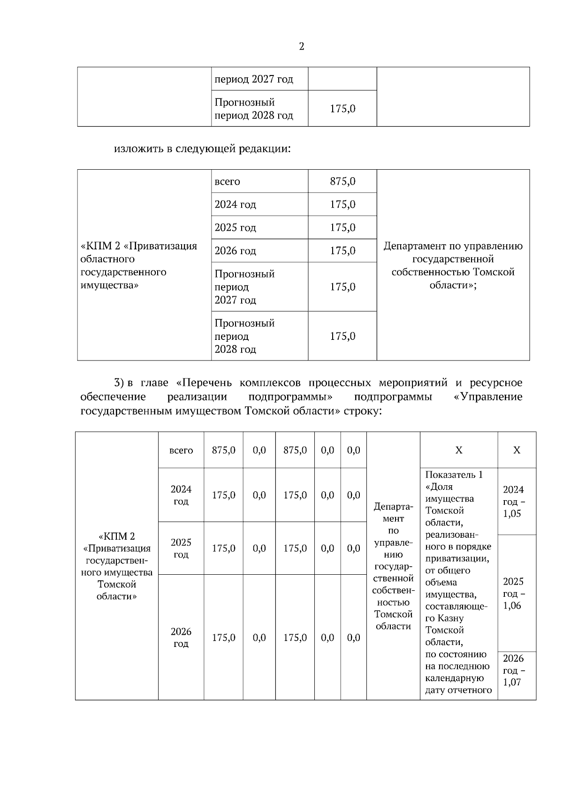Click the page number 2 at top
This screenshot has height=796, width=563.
(x=301, y=46)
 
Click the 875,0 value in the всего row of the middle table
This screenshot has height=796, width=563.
(x=342, y=181)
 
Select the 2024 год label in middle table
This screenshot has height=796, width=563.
(x=236, y=204)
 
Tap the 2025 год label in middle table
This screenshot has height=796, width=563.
(x=236, y=228)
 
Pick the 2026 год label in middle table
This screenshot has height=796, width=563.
(x=236, y=251)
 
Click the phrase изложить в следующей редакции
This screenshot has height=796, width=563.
(x=202, y=149)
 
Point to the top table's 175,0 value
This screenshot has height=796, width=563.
(x=342, y=109)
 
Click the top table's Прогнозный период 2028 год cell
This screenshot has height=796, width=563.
(x=253, y=109)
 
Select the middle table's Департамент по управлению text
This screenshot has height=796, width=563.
(x=453, y=246)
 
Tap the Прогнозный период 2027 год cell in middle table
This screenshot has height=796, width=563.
(x=244, y=287)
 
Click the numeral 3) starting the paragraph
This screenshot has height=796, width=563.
(x=119, y=383)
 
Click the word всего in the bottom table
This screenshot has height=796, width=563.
(x=181, y=451)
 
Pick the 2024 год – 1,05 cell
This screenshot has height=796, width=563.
(x=514, y=502)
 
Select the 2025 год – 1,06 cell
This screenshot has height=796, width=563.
(x=514, y=593)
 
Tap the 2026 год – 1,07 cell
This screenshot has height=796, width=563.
(x=514, y=670)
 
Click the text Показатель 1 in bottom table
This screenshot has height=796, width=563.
(x=454, y=475)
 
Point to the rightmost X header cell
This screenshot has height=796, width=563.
(x=517, y=451)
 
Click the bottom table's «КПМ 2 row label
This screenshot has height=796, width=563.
(x=116, y=536)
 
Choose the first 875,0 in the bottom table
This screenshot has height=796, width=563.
(x=223, y=451)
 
